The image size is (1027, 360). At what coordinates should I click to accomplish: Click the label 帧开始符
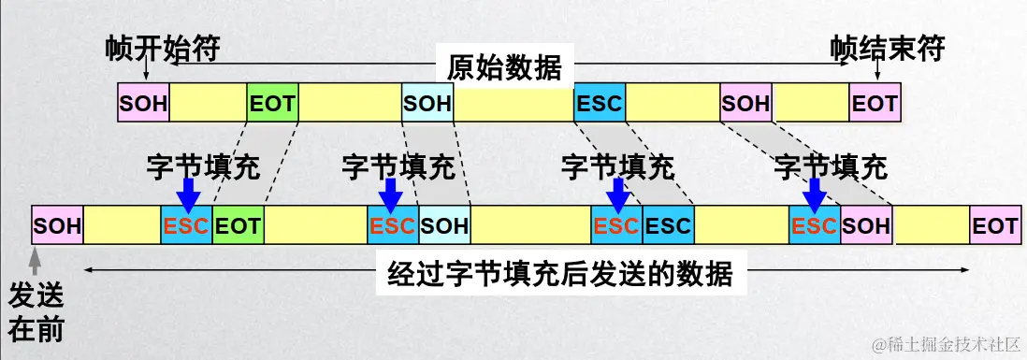(163, 48)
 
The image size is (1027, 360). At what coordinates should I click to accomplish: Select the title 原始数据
(504, 67)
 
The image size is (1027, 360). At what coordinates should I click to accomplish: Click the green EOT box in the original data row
(272, 103)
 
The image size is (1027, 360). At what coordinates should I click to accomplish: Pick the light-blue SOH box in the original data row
(427, 103)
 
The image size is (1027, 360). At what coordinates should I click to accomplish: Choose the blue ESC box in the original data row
(599, 103)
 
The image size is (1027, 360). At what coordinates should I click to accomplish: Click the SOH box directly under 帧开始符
(143, 103)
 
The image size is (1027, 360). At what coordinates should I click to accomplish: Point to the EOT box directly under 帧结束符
(874, 103)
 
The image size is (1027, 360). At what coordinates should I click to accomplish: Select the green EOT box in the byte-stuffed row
(238, 226)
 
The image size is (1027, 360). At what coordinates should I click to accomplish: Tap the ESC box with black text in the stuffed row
(668, 226)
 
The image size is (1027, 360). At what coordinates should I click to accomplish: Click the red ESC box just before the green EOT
(186, 226)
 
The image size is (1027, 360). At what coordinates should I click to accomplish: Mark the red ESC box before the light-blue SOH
(393, 226)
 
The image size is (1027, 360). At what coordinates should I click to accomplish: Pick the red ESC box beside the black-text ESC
(616, 226)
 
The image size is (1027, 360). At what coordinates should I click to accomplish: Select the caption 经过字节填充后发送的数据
(559, 276)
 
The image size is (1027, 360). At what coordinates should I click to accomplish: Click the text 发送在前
(36, 312)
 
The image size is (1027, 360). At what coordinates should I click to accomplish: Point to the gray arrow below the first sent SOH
(36, 259)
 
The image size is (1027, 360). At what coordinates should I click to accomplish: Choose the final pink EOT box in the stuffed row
(994, 226)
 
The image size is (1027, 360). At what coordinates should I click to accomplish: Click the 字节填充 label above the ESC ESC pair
(617, 167)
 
